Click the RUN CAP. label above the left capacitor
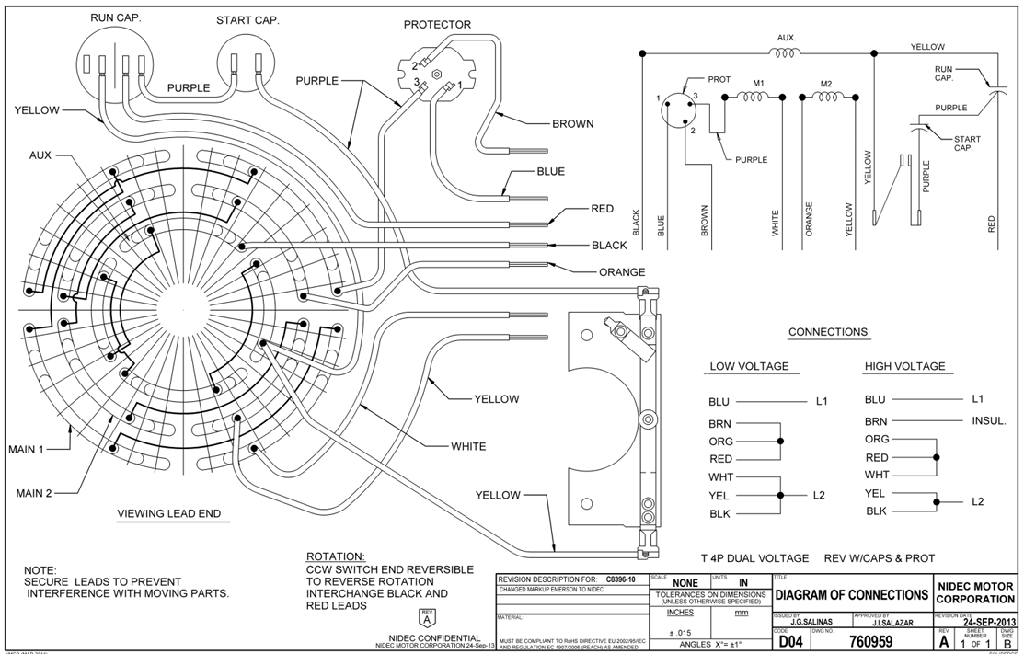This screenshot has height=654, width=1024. coord(114,17)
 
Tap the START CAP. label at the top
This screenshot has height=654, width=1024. coord(247,20)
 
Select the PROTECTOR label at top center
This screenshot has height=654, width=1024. coord(437,24)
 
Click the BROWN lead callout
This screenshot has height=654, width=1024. coord(572,123)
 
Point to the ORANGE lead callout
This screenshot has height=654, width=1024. coord(622,272)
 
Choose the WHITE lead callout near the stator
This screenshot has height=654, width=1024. coord(468,447)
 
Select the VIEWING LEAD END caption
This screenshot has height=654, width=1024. coord(169,513)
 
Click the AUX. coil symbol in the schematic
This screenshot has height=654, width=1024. coord(786,53)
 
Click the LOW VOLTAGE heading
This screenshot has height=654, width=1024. coord(749,366)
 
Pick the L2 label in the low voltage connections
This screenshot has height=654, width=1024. coord(819,495)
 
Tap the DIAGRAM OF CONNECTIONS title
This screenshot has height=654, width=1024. coord(851,594)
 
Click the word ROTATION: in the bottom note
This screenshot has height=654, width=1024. coord(335,557)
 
